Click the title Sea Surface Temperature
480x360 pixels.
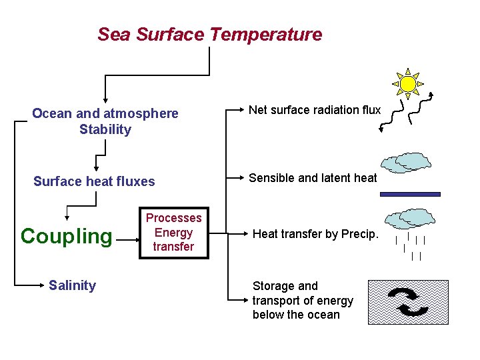pos(209,35)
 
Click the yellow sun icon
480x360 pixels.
pos(407,83)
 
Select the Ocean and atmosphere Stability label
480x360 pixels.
pos(105,121)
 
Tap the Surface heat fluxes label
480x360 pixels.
pos(94,181)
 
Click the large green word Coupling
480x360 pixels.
pos(67,236)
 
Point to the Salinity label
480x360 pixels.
pos(72,285)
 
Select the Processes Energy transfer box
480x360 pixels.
pos(173,233)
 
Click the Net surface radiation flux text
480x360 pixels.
pos(315,110)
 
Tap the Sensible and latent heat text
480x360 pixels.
pos(313,178)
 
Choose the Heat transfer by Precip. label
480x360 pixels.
pos(315,233)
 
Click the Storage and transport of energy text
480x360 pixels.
pos(303,300)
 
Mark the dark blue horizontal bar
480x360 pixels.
pos(410,194)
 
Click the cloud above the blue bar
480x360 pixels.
pos(407,163)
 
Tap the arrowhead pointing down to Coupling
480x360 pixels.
pos(67,216)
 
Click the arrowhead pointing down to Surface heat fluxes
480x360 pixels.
pos(96,169)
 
